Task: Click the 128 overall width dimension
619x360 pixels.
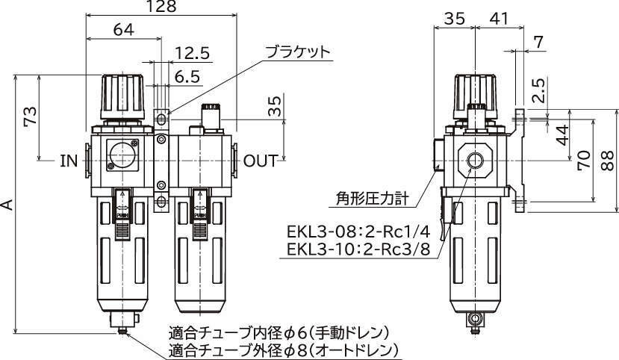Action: point(161,6)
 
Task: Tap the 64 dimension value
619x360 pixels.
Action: point(123,30)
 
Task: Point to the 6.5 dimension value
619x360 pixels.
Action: point(187,76)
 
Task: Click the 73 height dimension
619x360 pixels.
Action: point(31,117)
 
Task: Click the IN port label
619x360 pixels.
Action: point(69,161)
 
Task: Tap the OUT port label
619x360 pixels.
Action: point(261,161)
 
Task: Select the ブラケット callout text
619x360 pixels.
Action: point(297,52)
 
